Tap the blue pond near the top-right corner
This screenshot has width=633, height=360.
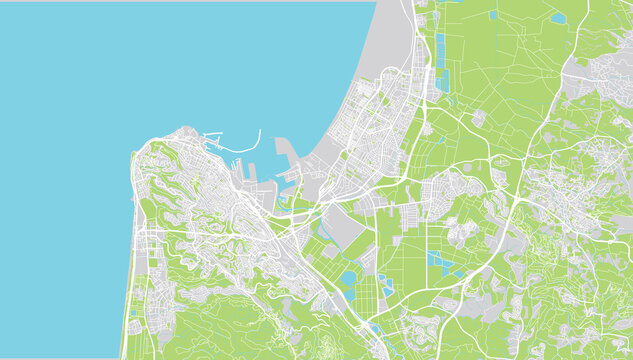pyautogui.click(x=557, y=18)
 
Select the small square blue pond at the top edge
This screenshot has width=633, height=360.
pyautogui.click(x=493, y=15)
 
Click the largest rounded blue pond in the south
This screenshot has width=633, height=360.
pyautogui.click(x=348, y=279)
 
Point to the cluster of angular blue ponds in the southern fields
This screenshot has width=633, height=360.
pyautogui.click(x=440, y=262)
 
